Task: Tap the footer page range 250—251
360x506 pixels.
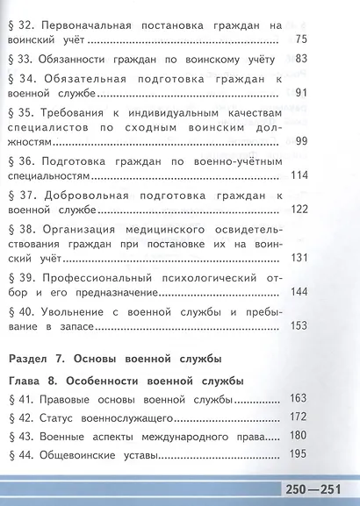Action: click(x=320, y=488)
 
